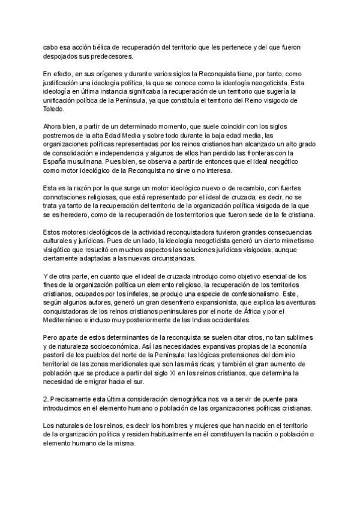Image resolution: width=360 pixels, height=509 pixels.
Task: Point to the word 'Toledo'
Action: (x=54, y=109)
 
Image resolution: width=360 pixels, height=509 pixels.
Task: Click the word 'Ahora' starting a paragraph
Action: (x=53, y=127)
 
